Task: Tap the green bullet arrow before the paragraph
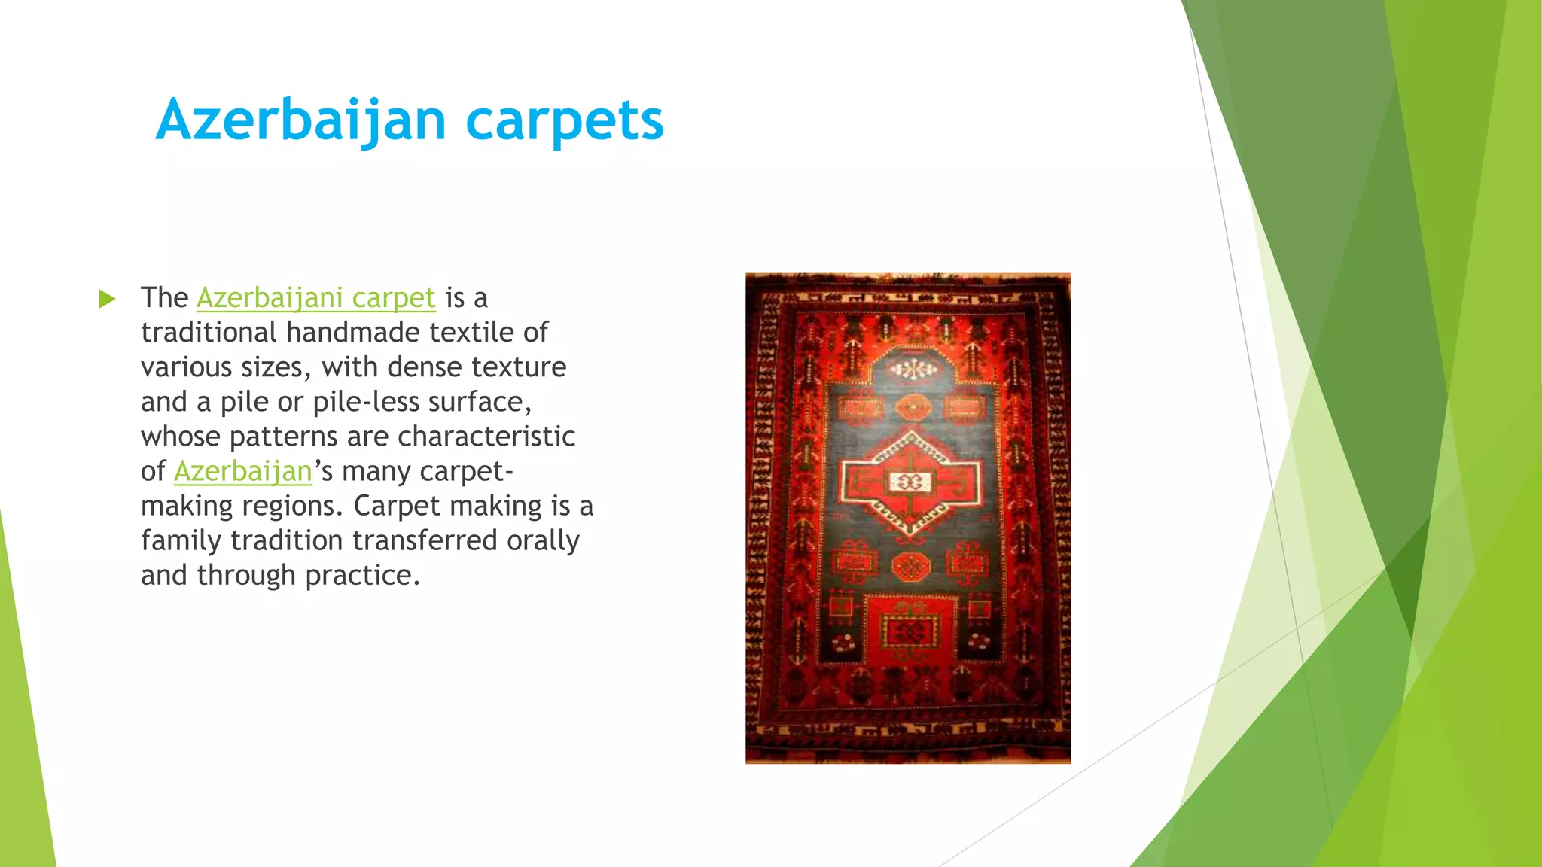[x=107, y=300]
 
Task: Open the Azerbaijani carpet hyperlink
[x=316, y=298]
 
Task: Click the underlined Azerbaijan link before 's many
[x=242, y=472]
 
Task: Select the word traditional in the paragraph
[x=209, y=333]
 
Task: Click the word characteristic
[x=486, y=437]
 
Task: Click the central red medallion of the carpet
[x=911, y=482]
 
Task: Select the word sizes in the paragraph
[x=275, y=367]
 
